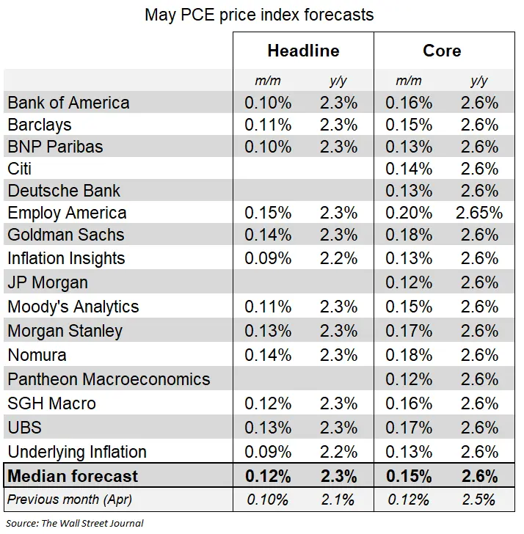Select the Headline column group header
pos(303,51)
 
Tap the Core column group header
pos(442,51)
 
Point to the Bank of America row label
pos(68,103)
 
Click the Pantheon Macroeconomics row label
pos(109,379)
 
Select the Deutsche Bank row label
pos(64,191)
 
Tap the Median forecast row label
pos(73,476)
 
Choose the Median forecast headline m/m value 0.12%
pos(268,476)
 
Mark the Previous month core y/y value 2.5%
pos(479,500)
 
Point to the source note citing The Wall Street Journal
pos(75,523)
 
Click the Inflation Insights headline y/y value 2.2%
pos(338,258)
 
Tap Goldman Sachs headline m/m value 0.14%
pos(268,235)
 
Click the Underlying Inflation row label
pos(77,452)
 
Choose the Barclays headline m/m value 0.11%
pos(268,125)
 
